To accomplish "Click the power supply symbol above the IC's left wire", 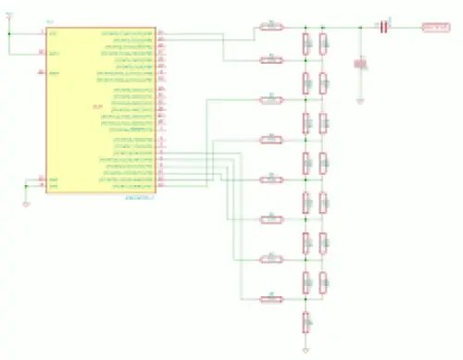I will tap(9, 15).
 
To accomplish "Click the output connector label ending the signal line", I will tap(435, 27).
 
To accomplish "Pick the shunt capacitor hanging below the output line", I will tap(360, 64).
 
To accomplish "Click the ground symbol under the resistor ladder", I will tap(305, 352).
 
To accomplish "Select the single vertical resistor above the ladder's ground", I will tap(305, 321).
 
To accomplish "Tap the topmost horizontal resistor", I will tap(270, 27).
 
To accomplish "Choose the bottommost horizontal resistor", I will tap(270, 298).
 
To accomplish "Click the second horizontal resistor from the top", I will tap(270, 59).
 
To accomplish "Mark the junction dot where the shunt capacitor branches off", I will tap(360, 27).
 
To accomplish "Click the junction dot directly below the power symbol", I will tap(9, 32).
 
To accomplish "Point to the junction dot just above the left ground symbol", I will tap(26, 185).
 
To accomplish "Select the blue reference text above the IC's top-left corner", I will tap(50, 22).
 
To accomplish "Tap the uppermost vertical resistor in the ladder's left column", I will tap(305, 43).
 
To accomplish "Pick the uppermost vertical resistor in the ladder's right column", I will tap(322, 43).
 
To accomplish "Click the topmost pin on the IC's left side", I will tap(42, 32).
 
